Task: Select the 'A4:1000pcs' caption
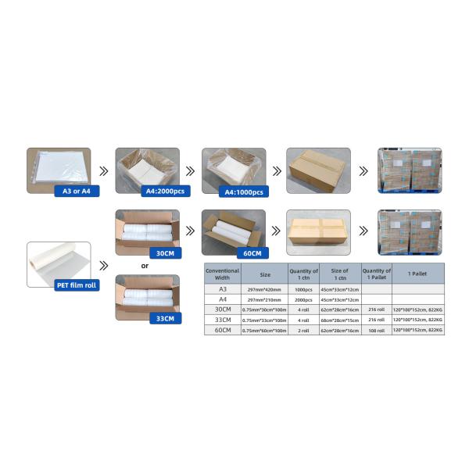[242, 191]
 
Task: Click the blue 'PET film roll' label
[74, 285]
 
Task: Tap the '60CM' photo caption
[250, 252]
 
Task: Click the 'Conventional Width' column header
[222, 273]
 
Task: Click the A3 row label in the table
[222, 289]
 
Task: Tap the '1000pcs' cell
[303, 289]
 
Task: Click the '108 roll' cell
[375, 331]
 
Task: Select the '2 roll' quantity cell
[303, 331]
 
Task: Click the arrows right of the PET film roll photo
[103, 265]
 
